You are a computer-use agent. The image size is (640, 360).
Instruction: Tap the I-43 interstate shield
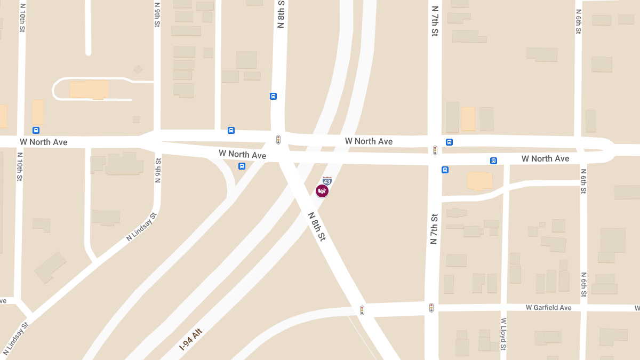[327, 181]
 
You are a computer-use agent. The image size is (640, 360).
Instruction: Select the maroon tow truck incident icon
[322, 191]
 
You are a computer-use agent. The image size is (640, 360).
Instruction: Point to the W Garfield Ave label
[548, 308]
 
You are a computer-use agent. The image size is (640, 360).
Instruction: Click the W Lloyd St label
[503, 334]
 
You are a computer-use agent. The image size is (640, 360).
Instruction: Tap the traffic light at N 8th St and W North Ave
[278, 140]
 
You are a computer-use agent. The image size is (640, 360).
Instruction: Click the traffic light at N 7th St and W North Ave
[435, 150]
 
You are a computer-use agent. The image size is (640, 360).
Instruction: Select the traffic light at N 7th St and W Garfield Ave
[431, 308]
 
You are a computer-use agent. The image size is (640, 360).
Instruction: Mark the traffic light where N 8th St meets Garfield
[362, 310]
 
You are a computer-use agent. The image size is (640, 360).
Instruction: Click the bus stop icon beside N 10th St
[36, 130]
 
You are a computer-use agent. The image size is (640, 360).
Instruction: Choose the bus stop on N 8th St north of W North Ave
[274, 97]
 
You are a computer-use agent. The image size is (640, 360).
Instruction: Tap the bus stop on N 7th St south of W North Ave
[445, 170]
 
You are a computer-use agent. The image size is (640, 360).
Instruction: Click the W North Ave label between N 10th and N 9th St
[44, 142]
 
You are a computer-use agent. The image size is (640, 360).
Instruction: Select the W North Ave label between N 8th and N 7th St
[369, 141]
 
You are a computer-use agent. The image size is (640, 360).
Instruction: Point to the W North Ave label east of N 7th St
[545, 159]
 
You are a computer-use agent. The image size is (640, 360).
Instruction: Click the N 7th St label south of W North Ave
[434, 229]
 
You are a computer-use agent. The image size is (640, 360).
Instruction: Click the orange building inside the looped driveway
[89, 89]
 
